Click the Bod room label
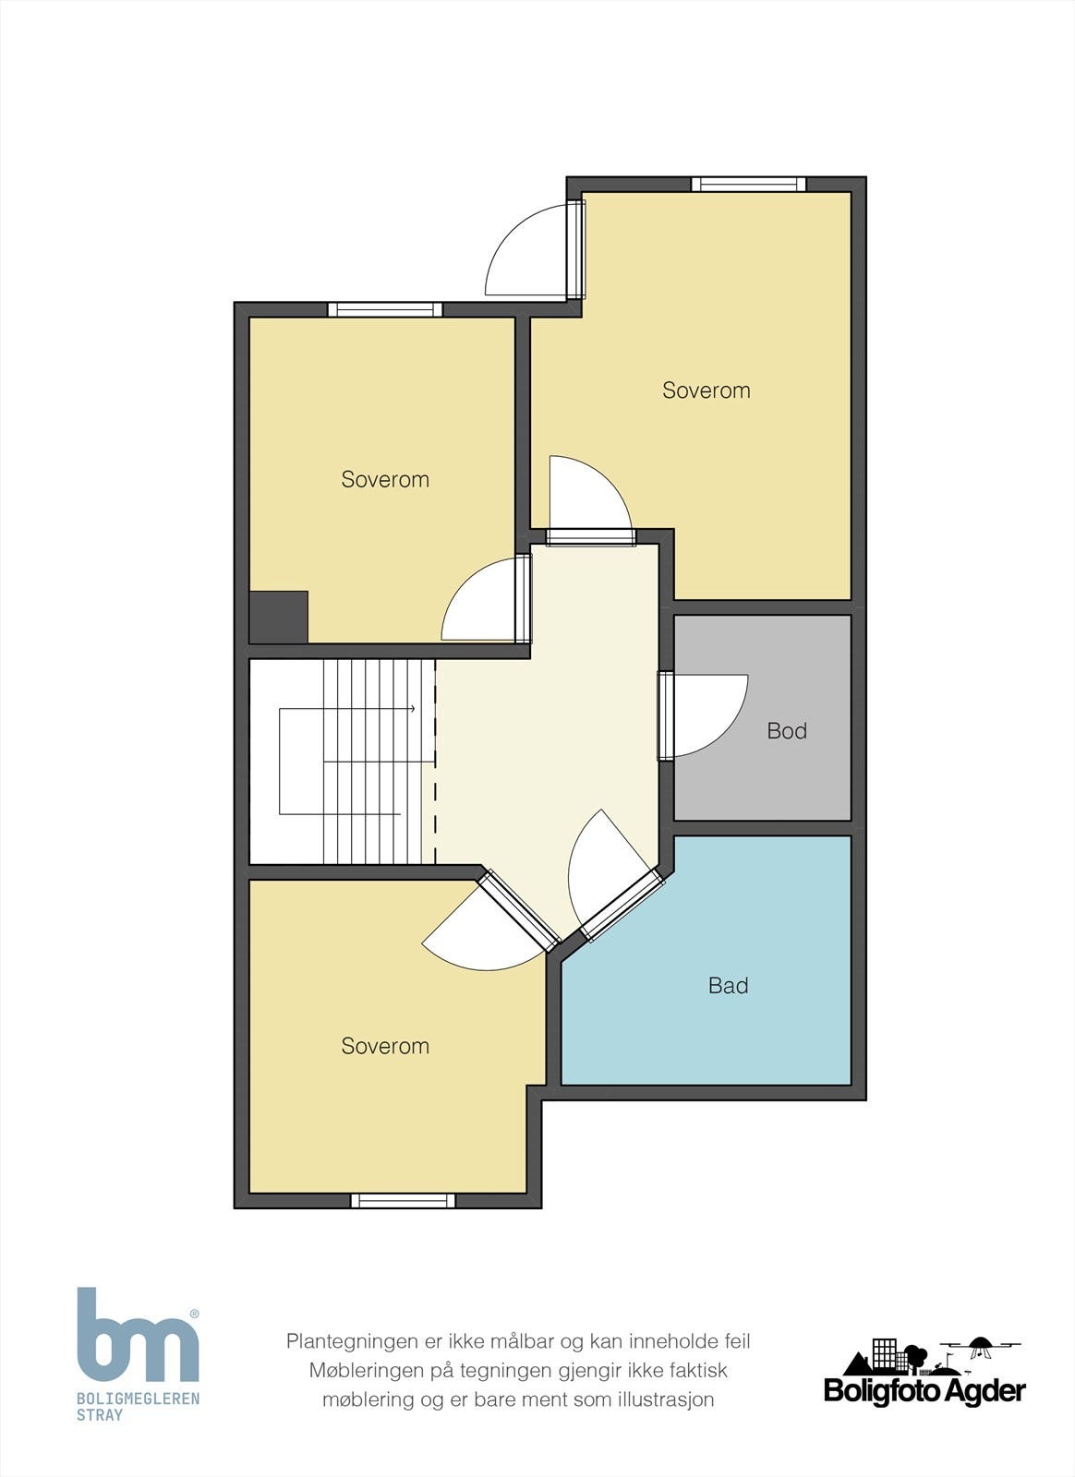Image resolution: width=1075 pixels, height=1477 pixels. point(787,730)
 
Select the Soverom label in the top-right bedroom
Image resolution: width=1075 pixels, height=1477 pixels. point(707,390)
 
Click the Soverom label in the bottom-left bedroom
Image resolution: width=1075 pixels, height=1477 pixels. point(385,1046)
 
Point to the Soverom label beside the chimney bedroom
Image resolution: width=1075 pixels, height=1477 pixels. point(385,479)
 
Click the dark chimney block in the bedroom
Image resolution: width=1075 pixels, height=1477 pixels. point(279,617)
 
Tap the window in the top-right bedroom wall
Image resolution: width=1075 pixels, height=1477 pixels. point(749,184)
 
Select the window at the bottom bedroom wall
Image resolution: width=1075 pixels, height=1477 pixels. point(403,1200)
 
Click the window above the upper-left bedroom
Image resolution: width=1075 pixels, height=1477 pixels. point(385,309)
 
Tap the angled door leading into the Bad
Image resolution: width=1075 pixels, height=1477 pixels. point(622,906)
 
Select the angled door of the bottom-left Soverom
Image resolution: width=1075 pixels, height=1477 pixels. point(518,911)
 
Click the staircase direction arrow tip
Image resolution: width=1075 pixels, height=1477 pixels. point(414,709)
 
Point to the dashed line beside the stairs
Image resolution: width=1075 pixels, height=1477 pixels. point(435,762)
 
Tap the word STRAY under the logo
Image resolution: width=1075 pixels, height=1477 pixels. point(100,1415)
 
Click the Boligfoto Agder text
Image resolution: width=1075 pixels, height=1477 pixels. point(924,1392)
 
